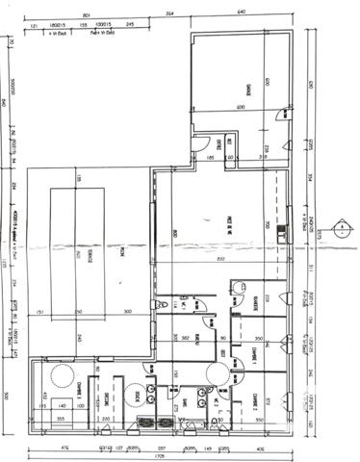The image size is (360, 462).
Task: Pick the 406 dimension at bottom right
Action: [x=258, y=448]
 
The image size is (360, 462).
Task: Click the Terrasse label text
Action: [x=90, y=252]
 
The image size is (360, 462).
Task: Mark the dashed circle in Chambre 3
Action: [x=64, y=373]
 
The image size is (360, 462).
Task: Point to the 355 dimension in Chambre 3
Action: [x=60, y=420]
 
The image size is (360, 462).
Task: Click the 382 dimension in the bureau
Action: [x=184, y=338]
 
